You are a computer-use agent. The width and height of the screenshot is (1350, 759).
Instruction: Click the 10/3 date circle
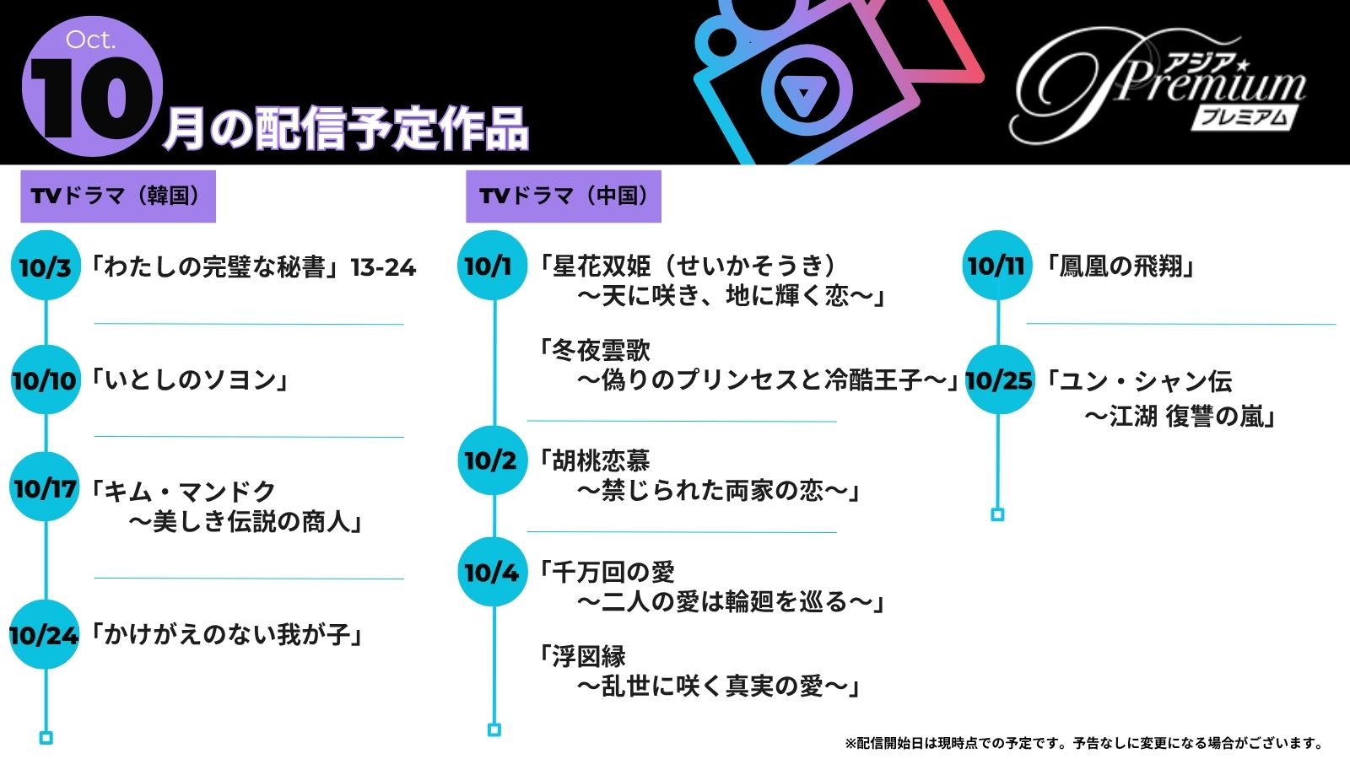click(x=46, y=266)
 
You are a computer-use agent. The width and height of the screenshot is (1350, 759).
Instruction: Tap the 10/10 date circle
click(x=46, y=379)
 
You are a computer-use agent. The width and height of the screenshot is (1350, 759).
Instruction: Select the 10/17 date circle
click(x=46, y=487)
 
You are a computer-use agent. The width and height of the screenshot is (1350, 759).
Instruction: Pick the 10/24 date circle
click(x=44, y=634)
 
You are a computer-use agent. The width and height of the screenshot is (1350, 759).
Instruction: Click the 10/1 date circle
click(x=491, y=266)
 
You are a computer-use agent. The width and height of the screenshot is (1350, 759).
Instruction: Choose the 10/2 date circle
click(x=491, y=460)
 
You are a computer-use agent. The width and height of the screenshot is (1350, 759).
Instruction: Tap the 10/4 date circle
click(x=491, y=572)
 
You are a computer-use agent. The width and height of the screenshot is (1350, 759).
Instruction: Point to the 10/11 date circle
click(x=996, y=266)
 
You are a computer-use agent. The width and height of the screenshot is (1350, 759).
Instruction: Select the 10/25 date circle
click(x=999, y=379)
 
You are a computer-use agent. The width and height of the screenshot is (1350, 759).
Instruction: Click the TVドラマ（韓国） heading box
click(x=118, y=196)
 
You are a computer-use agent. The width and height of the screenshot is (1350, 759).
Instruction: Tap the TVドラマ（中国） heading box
click(x=564, y=196)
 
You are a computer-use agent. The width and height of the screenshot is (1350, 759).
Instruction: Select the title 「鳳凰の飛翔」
click(x=1120, y=266)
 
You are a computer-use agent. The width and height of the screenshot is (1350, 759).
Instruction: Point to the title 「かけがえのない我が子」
click(x=228, y=634)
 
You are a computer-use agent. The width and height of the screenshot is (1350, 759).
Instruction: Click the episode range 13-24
click(x=384, y=267)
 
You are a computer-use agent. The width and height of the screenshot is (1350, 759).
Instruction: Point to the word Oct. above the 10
click(x=90, y=40)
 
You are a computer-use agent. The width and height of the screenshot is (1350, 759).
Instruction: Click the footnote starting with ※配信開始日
click(x=1084, y=743)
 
